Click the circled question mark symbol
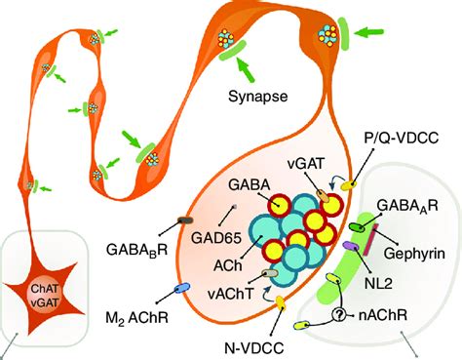point(338,315)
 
